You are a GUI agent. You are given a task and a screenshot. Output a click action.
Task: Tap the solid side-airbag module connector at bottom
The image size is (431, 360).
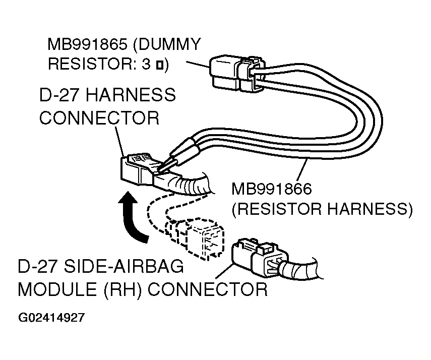point(255,258)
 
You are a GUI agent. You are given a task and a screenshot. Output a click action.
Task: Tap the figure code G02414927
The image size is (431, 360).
point(52,319)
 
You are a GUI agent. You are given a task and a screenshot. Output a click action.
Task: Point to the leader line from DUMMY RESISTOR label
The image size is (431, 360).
point(197,65)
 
